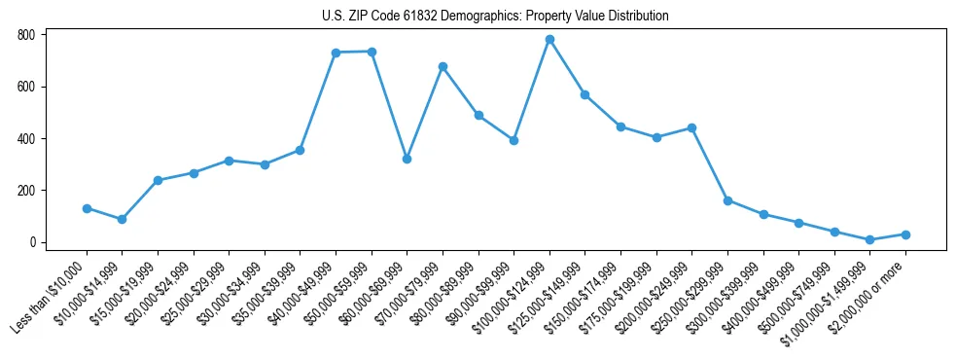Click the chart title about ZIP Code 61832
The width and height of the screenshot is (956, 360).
click(x=495, y=16)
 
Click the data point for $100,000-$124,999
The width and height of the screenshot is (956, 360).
click(x=549, y=40)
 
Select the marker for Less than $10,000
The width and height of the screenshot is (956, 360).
click(x=87, y=208)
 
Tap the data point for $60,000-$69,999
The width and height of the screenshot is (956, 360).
click(x=407, y=159)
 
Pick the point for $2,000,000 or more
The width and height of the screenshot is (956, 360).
click(x=905, y=234)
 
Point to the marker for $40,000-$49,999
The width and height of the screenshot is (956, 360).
click(x=336, y=53)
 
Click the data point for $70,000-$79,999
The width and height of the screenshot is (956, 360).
click(x=443, y=66)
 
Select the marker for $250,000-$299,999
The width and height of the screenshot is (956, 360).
click(x=727, y=200)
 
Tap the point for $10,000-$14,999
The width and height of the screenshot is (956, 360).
click(x=122, y=220)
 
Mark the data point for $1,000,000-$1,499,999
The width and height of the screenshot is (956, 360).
click(x=869, y=239)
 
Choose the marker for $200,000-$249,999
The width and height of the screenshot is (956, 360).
click(x=691, y=127)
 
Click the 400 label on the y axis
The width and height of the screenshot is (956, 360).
click(x=26, y=138)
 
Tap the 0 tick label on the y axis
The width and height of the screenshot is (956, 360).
click(x=32, y=242)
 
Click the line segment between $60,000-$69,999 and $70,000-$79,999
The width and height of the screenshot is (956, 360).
click(x=424, y=113)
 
